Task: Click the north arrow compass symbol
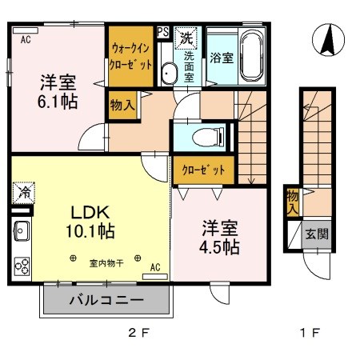pyautogui.click(x=326, y=41)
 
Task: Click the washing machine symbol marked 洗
pyautogui.click(x=186, y=38)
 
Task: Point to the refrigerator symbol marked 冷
pyautogui.click(x=22, y=192)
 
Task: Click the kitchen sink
pyautogui.click(x=22, y=232)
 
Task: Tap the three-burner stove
pyautogui.click(x=22, y=264)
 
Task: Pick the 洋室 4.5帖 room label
pyautogui.click(x=218, y=236)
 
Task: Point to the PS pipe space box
pyautogui.click(x=162, y=33)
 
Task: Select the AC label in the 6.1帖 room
pyautogui.click(x=26, y=38)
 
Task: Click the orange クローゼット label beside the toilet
pyautogui.click(x=203, y=170)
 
